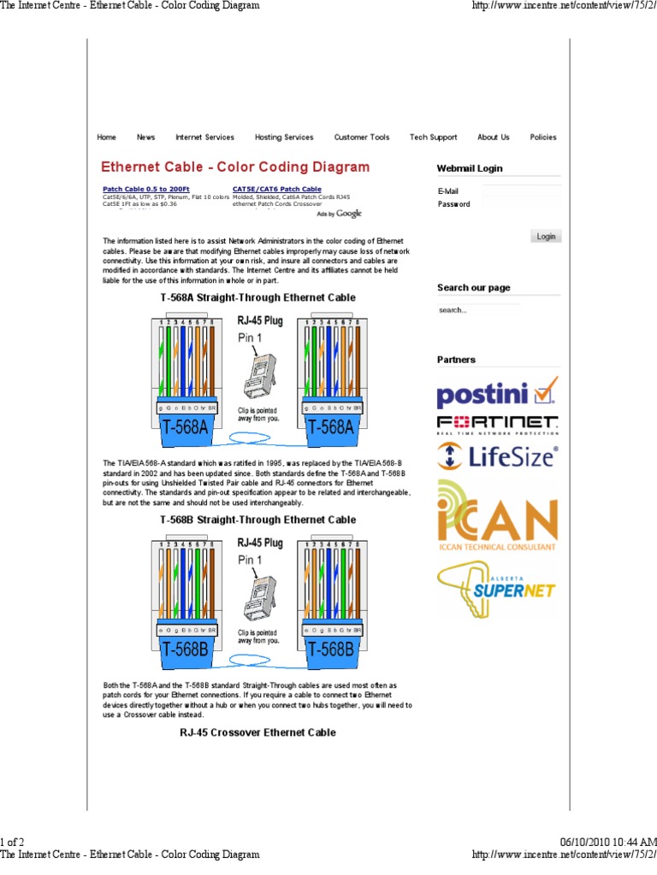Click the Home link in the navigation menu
(107, 137)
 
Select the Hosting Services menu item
(284, 137)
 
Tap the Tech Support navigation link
(433, 137)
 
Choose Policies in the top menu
(543, 137)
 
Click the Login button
(546, 236)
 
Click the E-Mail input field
(522, 191)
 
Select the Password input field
(522, 204)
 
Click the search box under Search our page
(478, 310)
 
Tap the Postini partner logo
(497, 392)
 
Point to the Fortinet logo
(497, 425)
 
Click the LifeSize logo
(497, 457)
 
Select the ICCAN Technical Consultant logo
(497, 515)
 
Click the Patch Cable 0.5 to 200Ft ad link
(146, 189)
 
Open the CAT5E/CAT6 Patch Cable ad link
(277, 189)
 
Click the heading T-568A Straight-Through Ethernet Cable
(257, 297)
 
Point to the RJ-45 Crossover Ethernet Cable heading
(257, 732)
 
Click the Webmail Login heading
(470, 168)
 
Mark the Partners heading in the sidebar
(456, 360)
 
